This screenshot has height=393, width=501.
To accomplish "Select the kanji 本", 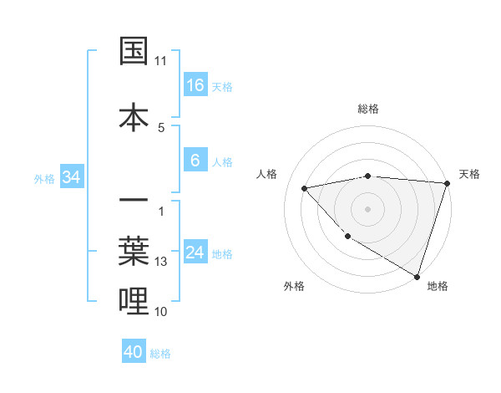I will click(134, 117).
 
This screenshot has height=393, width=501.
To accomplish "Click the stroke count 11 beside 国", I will click(161, 61).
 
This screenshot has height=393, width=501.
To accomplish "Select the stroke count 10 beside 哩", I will click(161, 312).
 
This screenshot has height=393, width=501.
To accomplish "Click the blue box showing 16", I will click(195, 85).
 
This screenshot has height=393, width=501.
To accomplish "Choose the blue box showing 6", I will click(195, 161).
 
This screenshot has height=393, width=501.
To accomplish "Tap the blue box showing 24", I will click(195, 253).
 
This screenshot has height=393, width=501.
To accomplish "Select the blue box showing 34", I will click(71, 177).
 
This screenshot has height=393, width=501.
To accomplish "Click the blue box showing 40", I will click(134, 352).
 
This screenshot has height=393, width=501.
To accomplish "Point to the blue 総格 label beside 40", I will click(160, 354).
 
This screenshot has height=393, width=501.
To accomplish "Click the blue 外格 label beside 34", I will click(44, 178).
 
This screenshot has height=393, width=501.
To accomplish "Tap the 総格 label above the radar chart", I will click(367, 109).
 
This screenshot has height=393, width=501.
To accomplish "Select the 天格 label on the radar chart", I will click(469, 174).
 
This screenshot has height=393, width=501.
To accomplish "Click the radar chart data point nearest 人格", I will click(305, 188).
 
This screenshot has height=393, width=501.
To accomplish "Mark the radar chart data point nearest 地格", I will click(417, 275).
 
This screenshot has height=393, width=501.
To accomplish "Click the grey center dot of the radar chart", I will click(367, 208).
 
